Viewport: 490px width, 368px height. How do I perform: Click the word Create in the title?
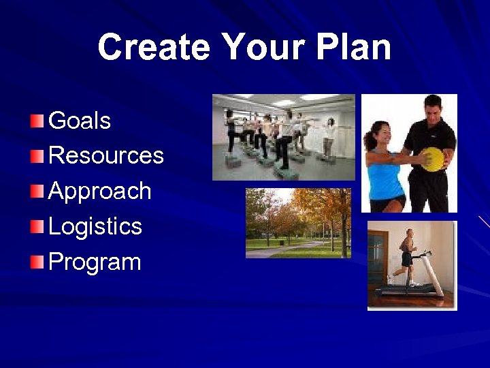pyautogui.click(x=154, y=48)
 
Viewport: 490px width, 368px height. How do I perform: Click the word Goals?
pyautogui.click(x=80, y=121)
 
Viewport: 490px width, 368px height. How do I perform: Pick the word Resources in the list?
pyautogui.click(x=106, y=156)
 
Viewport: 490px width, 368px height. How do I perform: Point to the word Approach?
pyautogui.click(x=99, y=191)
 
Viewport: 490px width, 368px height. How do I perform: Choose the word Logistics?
pyautogui.click(x=95, y=226)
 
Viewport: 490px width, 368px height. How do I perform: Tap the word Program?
pyautogui.click(x=95, y=262)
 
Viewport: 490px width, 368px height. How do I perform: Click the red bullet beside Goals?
pyautogui.click(x=37, y=122)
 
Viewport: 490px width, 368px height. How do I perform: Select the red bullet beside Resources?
pyautogui.click(x=37, y=157)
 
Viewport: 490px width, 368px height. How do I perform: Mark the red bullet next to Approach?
pyautogui.click(x=37, y=192)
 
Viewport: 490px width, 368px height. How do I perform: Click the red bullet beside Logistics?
pyautogui.click(x=37, y=227)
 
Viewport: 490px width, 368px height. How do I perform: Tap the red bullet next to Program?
pyautogui.click(x=37, y=262)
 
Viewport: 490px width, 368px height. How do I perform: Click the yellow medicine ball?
pyautogui.click(x=432, y=159)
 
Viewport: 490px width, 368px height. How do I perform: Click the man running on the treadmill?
pyautogui.click(x=407, y=256)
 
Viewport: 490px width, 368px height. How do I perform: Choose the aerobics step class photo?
pyautogui.click(x=283, y=137)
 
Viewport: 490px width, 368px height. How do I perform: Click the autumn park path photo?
pyautogui.click(x=298, y=224)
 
